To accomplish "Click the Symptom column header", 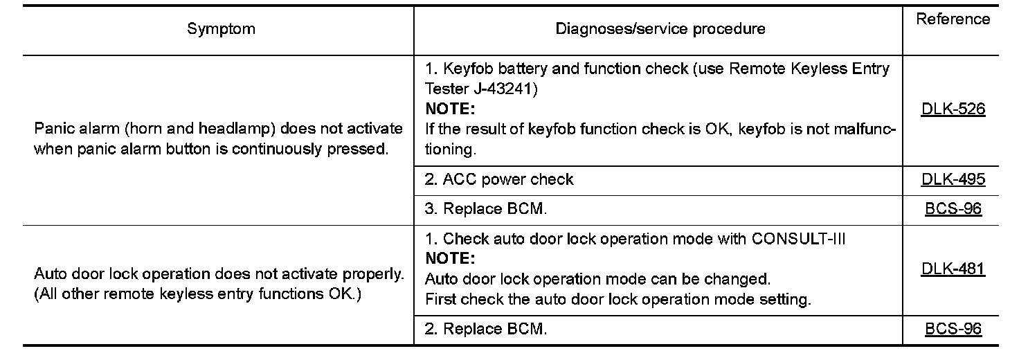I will pos(221,29).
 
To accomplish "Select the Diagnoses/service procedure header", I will pos(660,29).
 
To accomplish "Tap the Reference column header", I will pos(953,19).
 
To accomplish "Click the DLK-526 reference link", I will pos(953,109).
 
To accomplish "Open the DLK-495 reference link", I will pos(953,180).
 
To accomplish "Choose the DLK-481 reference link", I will pos(953,269).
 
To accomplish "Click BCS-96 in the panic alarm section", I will pos(953,208).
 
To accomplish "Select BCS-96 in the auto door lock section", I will pos(953,330).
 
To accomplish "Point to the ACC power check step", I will pos(499,180).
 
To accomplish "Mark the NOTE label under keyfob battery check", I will pos(449,109).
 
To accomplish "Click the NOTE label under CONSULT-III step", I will pos(449,259).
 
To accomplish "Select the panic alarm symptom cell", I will pos(218,138).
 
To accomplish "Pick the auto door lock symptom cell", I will pos(218,284).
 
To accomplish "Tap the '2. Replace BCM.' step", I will pos(486,330).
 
